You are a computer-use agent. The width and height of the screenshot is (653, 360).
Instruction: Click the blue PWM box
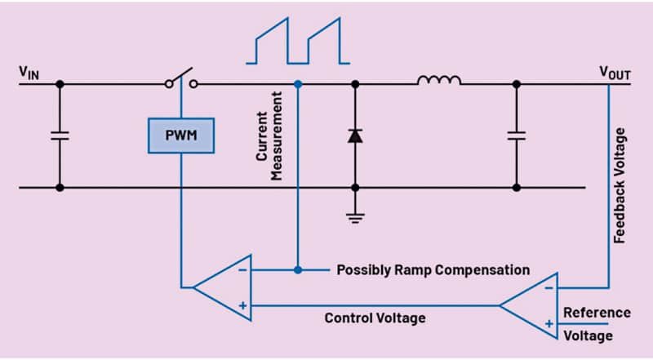click(181, 135)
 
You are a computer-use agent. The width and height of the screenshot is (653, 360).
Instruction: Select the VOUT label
click(615, 73)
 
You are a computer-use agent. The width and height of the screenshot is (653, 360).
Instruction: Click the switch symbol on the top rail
click(180, 78)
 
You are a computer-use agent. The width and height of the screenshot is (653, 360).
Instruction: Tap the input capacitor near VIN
click(59, 135)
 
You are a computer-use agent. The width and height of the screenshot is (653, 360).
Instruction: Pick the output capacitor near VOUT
click(516, 135)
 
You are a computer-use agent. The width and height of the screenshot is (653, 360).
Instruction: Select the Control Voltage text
click(375, 318)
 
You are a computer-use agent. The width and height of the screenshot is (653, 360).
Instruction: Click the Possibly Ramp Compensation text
click(433, 269)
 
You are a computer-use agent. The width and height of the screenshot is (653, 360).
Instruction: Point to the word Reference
click(597, 313)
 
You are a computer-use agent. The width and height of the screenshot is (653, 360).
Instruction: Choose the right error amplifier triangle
click(531, 304)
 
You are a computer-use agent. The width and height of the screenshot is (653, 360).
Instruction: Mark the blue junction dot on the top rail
click(298, 83)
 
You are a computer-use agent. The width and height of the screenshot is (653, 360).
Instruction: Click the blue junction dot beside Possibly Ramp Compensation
click(298, 269)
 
